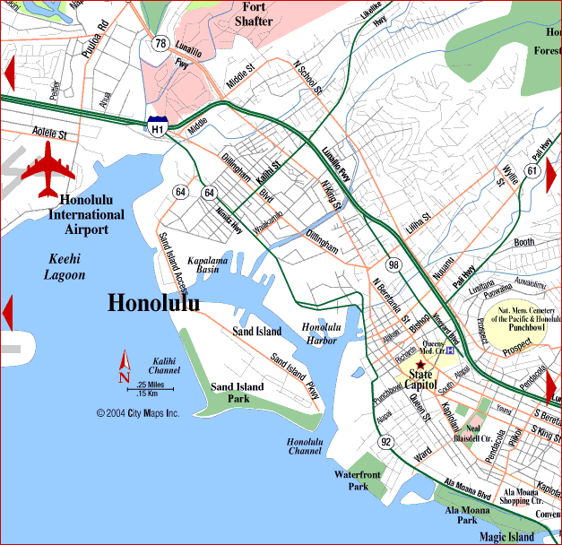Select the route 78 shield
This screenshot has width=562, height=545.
coord(160,43)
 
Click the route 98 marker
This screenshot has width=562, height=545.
coord(393,264)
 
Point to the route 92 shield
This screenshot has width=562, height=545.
coord(385,442)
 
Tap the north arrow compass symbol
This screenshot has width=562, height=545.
coord(125,367)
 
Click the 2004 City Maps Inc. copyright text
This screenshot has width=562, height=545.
coord(138,413)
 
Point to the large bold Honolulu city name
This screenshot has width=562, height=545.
coord(153,303)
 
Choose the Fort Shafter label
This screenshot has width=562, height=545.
coord(254,13)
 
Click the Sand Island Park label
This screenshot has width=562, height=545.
coord(238,393)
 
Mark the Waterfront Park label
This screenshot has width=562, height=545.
coord(359,480)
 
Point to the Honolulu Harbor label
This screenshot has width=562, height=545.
coord(322,333)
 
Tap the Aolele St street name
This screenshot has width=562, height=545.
coord(49,134)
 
